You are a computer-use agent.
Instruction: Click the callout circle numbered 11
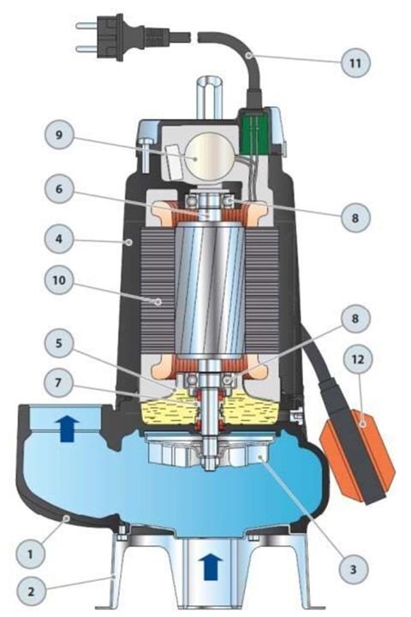[355, 63]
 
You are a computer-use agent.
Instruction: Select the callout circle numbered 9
[59, 135]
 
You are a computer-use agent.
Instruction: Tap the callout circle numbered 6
[59, 189]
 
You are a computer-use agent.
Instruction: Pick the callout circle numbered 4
[59, 238]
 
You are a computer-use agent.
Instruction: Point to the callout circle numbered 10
[59, 279]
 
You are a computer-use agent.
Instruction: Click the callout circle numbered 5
[59, 342]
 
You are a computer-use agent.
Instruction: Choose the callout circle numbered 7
[58, 382]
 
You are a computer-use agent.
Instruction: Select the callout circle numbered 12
[358, 359]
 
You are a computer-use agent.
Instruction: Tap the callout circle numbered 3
[353, 569]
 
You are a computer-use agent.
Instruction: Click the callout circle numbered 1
[30, 554]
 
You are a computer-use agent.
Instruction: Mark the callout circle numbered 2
[31, 591]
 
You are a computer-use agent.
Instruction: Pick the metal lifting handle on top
[210, 97]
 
